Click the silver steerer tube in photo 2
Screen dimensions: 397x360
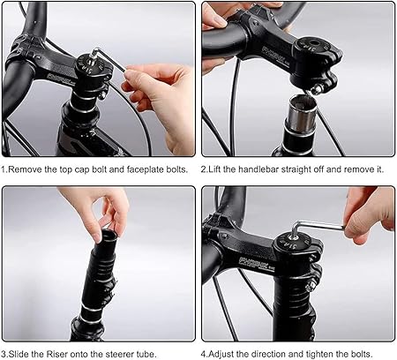pos(303,114)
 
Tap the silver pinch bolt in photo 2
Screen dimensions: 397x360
pos(317,89)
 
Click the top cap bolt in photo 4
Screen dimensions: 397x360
pos(294,235)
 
